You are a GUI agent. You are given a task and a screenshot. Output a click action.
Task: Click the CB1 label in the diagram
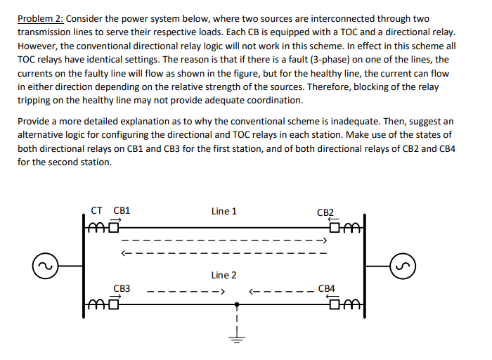pos(122,210)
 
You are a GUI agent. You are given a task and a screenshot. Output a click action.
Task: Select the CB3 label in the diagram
pos(122,288)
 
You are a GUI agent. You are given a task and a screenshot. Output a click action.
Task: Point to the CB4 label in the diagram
pos(327,288)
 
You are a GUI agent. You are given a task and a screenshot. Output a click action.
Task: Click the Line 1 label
pos(224,210)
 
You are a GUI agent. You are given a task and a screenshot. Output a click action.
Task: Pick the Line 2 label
pos(224,275)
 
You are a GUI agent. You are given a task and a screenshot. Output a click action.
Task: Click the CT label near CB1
pos(98,210)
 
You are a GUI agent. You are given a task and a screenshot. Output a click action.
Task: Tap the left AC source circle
pos(44,266)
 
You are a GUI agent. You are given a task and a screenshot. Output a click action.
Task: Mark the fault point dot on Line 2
pos(237,306)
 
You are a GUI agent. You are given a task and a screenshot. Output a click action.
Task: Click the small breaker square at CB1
pos(112,226)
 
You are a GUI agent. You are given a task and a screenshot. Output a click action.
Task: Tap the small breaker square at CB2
pos(339,226)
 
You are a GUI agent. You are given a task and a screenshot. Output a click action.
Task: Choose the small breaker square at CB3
pos(112,304)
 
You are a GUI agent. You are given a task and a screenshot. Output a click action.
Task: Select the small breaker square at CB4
pos(339,304)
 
